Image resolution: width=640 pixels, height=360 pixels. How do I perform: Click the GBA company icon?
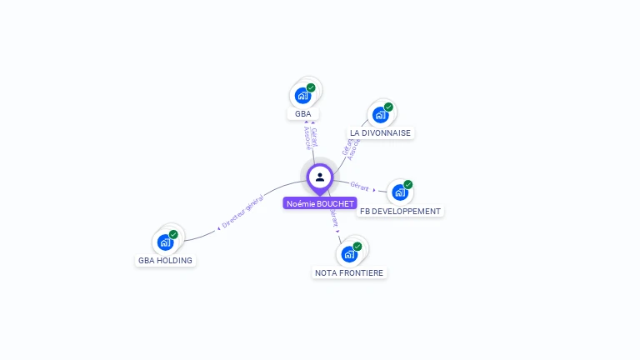click(302, 96)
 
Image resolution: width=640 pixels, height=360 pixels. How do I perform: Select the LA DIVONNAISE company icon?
click(380, 115)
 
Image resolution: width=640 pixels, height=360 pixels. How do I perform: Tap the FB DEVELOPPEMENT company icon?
click(400, 193)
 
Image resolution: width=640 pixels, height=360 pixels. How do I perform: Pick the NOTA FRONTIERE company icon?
click(349, 254)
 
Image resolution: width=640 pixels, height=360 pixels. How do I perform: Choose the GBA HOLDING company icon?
click(165, 242)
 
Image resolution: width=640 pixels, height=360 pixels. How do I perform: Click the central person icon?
click(320, 177)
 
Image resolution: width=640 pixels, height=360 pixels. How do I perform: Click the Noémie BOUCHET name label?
click(320, 203)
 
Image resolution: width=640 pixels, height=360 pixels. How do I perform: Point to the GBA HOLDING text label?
click(165, 260)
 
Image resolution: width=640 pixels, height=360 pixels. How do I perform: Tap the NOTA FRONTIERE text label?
click(349, 272)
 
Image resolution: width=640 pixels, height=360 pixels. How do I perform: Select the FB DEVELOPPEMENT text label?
click(400, 212)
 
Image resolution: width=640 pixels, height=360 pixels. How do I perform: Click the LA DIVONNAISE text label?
click(380, 133)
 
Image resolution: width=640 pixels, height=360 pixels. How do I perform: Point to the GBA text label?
click(302, 113)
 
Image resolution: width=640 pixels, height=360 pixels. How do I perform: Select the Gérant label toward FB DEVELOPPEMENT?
click(359, 187)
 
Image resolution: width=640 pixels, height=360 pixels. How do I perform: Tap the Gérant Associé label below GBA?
click(311, 143)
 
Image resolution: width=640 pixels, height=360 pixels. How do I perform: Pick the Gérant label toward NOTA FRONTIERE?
click(334, 218)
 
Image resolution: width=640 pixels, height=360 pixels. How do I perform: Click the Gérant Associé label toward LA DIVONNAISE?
click(351, 147)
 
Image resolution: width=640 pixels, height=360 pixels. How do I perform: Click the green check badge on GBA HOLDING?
click(173, 234)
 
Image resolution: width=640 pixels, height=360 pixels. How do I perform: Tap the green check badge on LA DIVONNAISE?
click(388, 107)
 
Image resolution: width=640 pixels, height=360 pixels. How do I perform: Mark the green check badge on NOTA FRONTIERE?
click(357, 246)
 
